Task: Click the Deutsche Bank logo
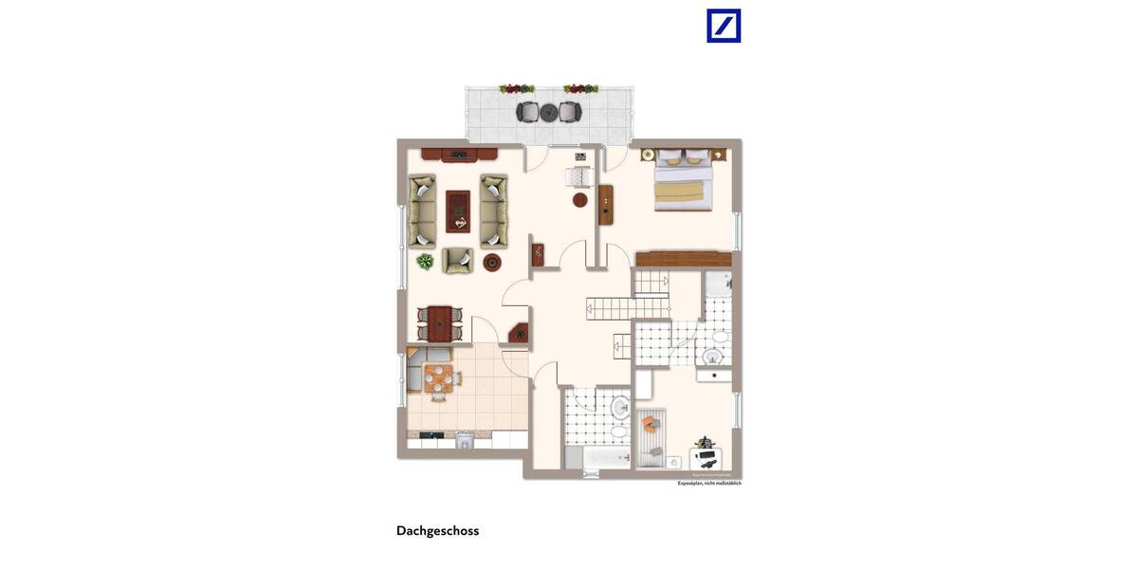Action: click(x=724, y=26)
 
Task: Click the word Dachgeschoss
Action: click(x=437, y=531)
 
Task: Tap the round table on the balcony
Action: click(x=548, y=112)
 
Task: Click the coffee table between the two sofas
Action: click(x=458, y=211)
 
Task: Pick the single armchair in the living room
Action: click(x=458, y=260)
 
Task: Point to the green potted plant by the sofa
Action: click(x=425, y=261)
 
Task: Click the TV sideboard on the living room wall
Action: click(x=459, y=154)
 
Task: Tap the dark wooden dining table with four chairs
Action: click(x=439, y=322)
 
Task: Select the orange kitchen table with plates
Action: click(x=437, y=377)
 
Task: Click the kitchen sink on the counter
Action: click(x=464, y=439)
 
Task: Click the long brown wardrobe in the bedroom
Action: click(x=684, y=259)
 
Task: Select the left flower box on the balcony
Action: click(x=517, y=89)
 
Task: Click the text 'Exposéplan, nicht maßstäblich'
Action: click(x=709, y=484)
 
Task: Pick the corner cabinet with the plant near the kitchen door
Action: click(x=519, y=333)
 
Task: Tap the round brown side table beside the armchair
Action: click(x=492, y=263)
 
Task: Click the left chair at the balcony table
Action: click(x=527, y=112)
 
